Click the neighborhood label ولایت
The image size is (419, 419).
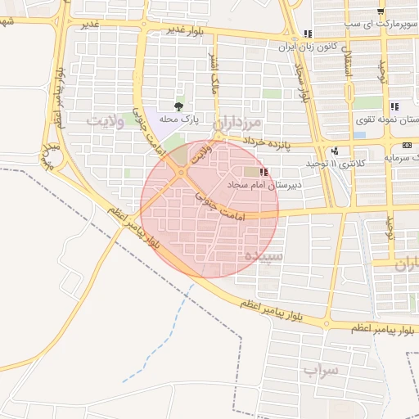click(x=105, y=122)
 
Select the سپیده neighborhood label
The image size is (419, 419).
click(x=259, y=256)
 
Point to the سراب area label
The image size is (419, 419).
click(x=320, y=371)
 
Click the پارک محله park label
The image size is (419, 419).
click(x=179, y=119)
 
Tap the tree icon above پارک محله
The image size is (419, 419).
click(x=179, y=106)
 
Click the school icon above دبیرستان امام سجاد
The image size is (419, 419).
click(x=264, y=172)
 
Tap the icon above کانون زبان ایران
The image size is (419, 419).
click(x=308, y=34)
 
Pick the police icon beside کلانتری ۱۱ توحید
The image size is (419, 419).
click(x=335, y=151)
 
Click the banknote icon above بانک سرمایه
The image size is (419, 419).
click(x=407, y=144)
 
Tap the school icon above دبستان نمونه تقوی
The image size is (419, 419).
click(x=394, y=106)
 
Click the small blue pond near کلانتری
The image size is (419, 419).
click(x=359, y=133)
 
